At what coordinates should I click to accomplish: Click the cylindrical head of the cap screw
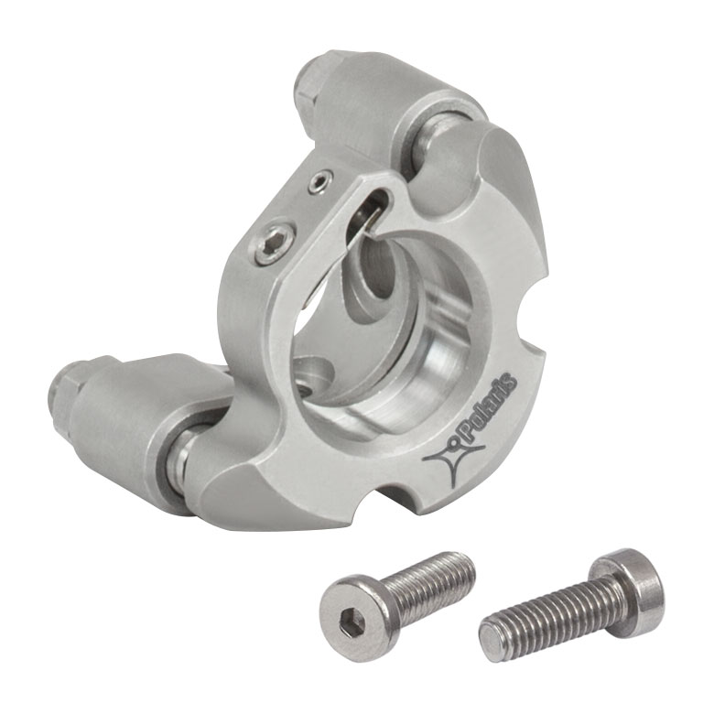(627, 587)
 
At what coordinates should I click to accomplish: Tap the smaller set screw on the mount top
(318, 181)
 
